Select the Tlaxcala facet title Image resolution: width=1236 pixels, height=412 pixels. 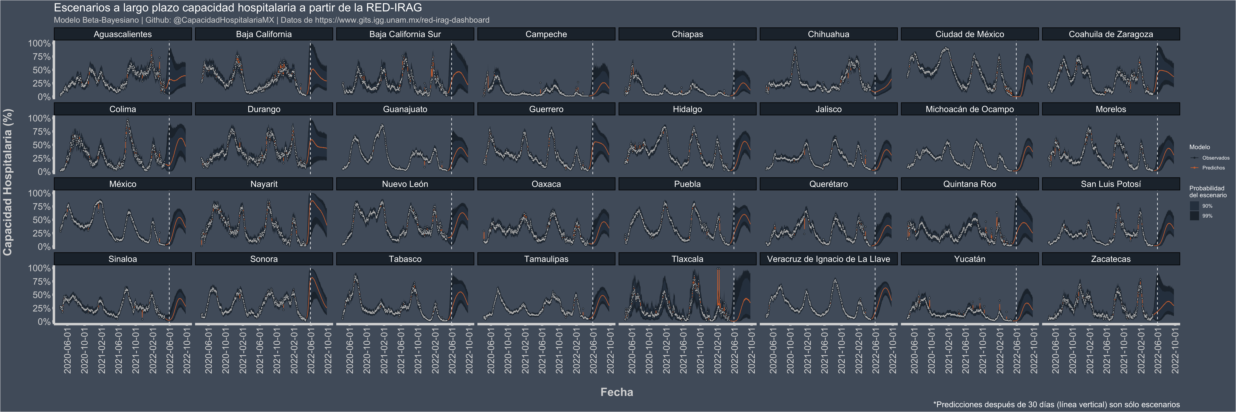click(687, 259)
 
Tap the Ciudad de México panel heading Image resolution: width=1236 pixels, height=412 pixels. click(969, 34)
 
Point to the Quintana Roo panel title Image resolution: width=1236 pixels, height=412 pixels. click(969, 184)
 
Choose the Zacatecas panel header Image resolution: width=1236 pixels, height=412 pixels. click(1110, 259)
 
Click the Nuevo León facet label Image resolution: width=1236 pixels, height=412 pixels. click(405, 184)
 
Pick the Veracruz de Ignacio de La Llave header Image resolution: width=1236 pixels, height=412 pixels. click(828, 259)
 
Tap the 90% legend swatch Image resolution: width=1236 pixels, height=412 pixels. click(1194, 206)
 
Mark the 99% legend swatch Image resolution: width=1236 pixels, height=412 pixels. click(1194, 216)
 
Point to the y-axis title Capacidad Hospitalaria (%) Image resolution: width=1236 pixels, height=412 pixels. click(8, 182)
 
